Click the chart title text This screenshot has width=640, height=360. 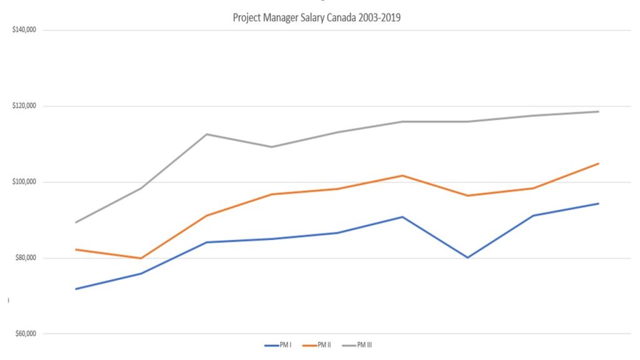coord(316,18)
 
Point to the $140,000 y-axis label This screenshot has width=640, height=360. coord(24,30)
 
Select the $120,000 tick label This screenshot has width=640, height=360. coord(24,106)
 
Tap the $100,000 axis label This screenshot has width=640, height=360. coord(24,182)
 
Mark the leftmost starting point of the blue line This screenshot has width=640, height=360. coord(76,289)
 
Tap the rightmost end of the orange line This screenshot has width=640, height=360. coord(599,164)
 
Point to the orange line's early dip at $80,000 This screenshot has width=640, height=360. coord(141,258)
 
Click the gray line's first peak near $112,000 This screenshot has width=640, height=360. coord(206,134)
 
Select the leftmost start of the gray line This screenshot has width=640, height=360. coord(76,222)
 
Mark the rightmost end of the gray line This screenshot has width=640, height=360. coord(599,112)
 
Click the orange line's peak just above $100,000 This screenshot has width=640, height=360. coord(402,176)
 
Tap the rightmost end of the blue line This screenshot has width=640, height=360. coord(599,203)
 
